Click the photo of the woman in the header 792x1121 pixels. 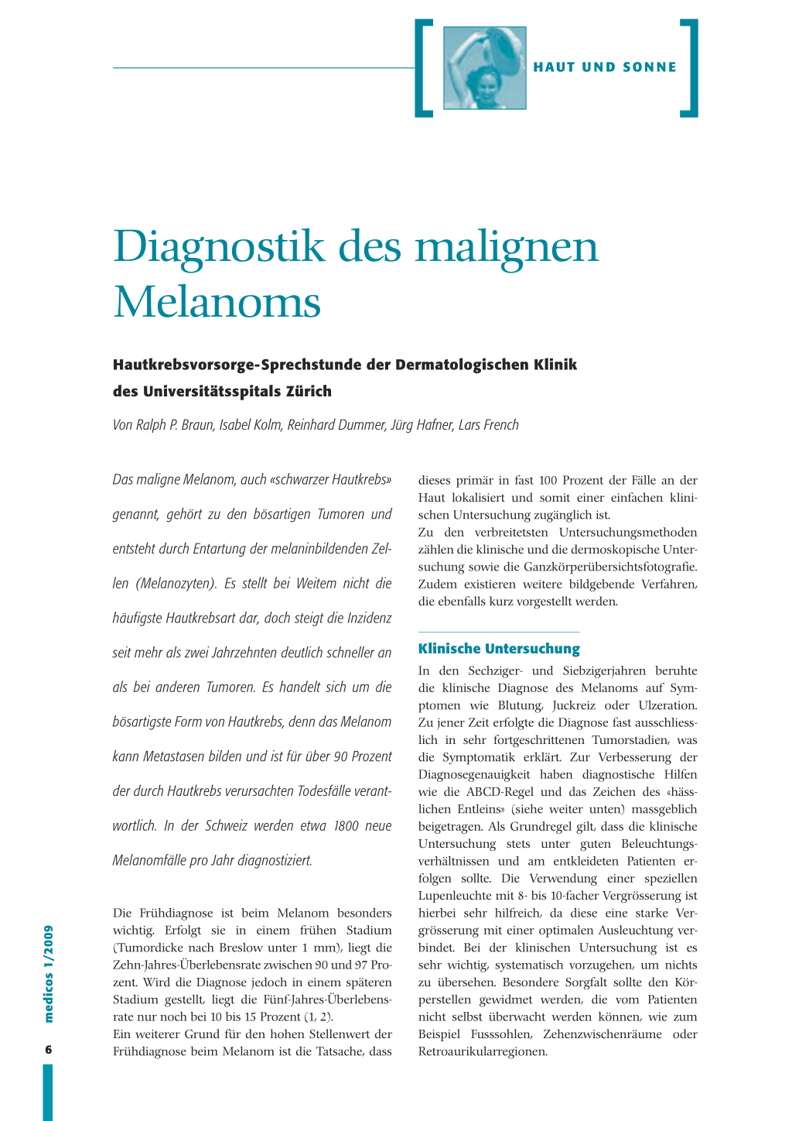click(485, 68)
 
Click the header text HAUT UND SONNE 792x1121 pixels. click(605, 67)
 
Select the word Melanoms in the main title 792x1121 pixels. click(217, 302)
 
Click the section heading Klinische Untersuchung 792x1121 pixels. click(499, 649)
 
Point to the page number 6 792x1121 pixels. click(48, 1050)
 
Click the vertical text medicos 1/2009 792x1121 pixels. click(49, 973)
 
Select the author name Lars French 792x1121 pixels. click(488, 425)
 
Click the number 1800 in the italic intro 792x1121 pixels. click(346, 826)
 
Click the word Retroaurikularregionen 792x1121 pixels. click(483, 1051)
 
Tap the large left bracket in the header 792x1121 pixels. click(423, 68)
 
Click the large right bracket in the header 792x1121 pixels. click(690, 68)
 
